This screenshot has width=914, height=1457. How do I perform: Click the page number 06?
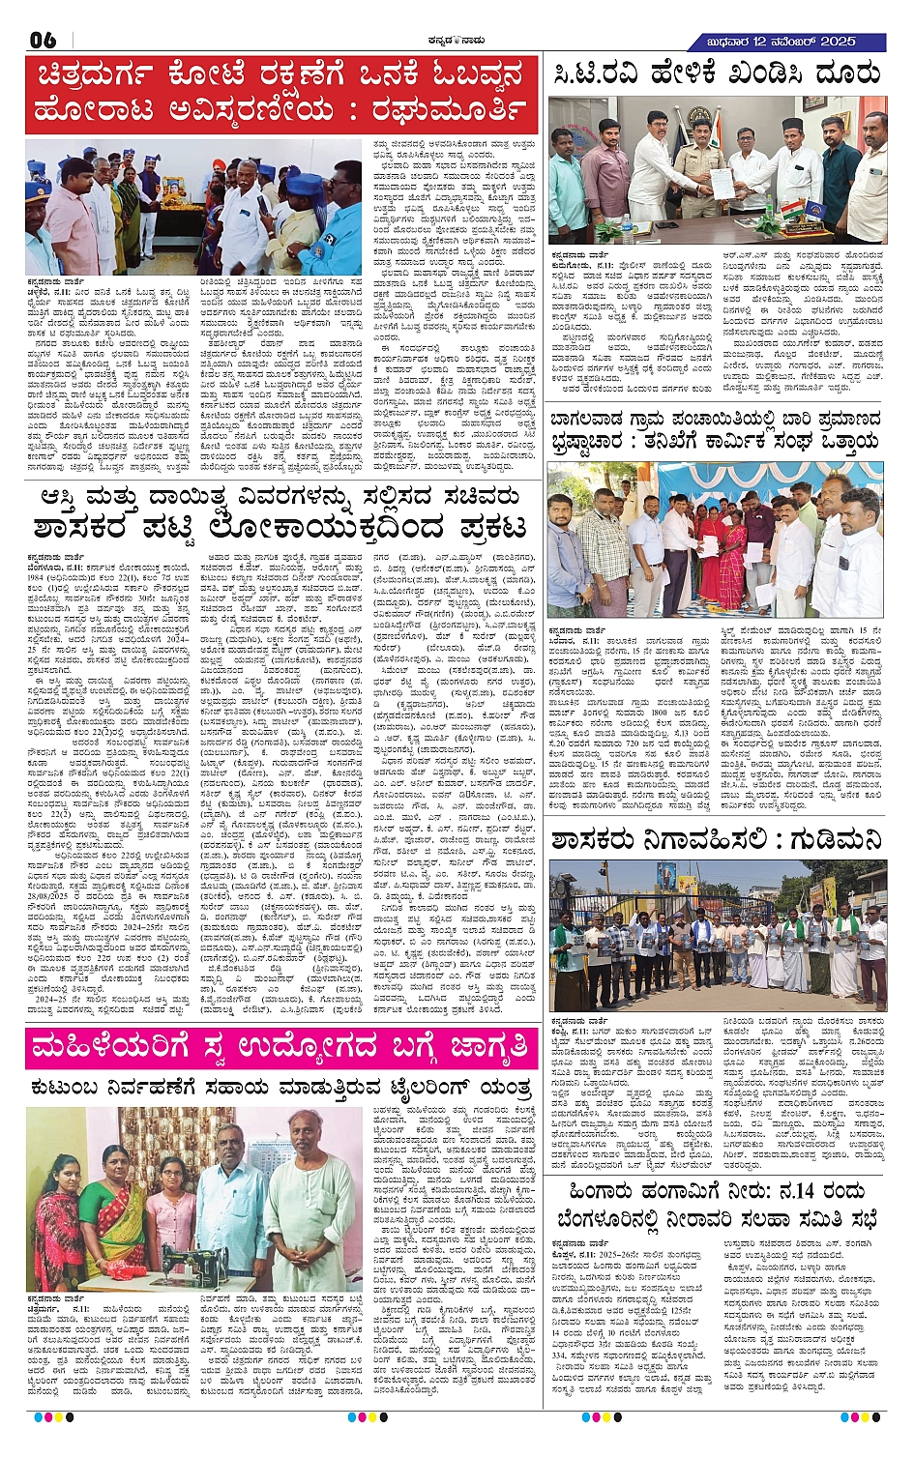tap(44, 40)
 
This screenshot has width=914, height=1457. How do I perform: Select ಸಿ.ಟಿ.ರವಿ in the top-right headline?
tap(599, 73)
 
